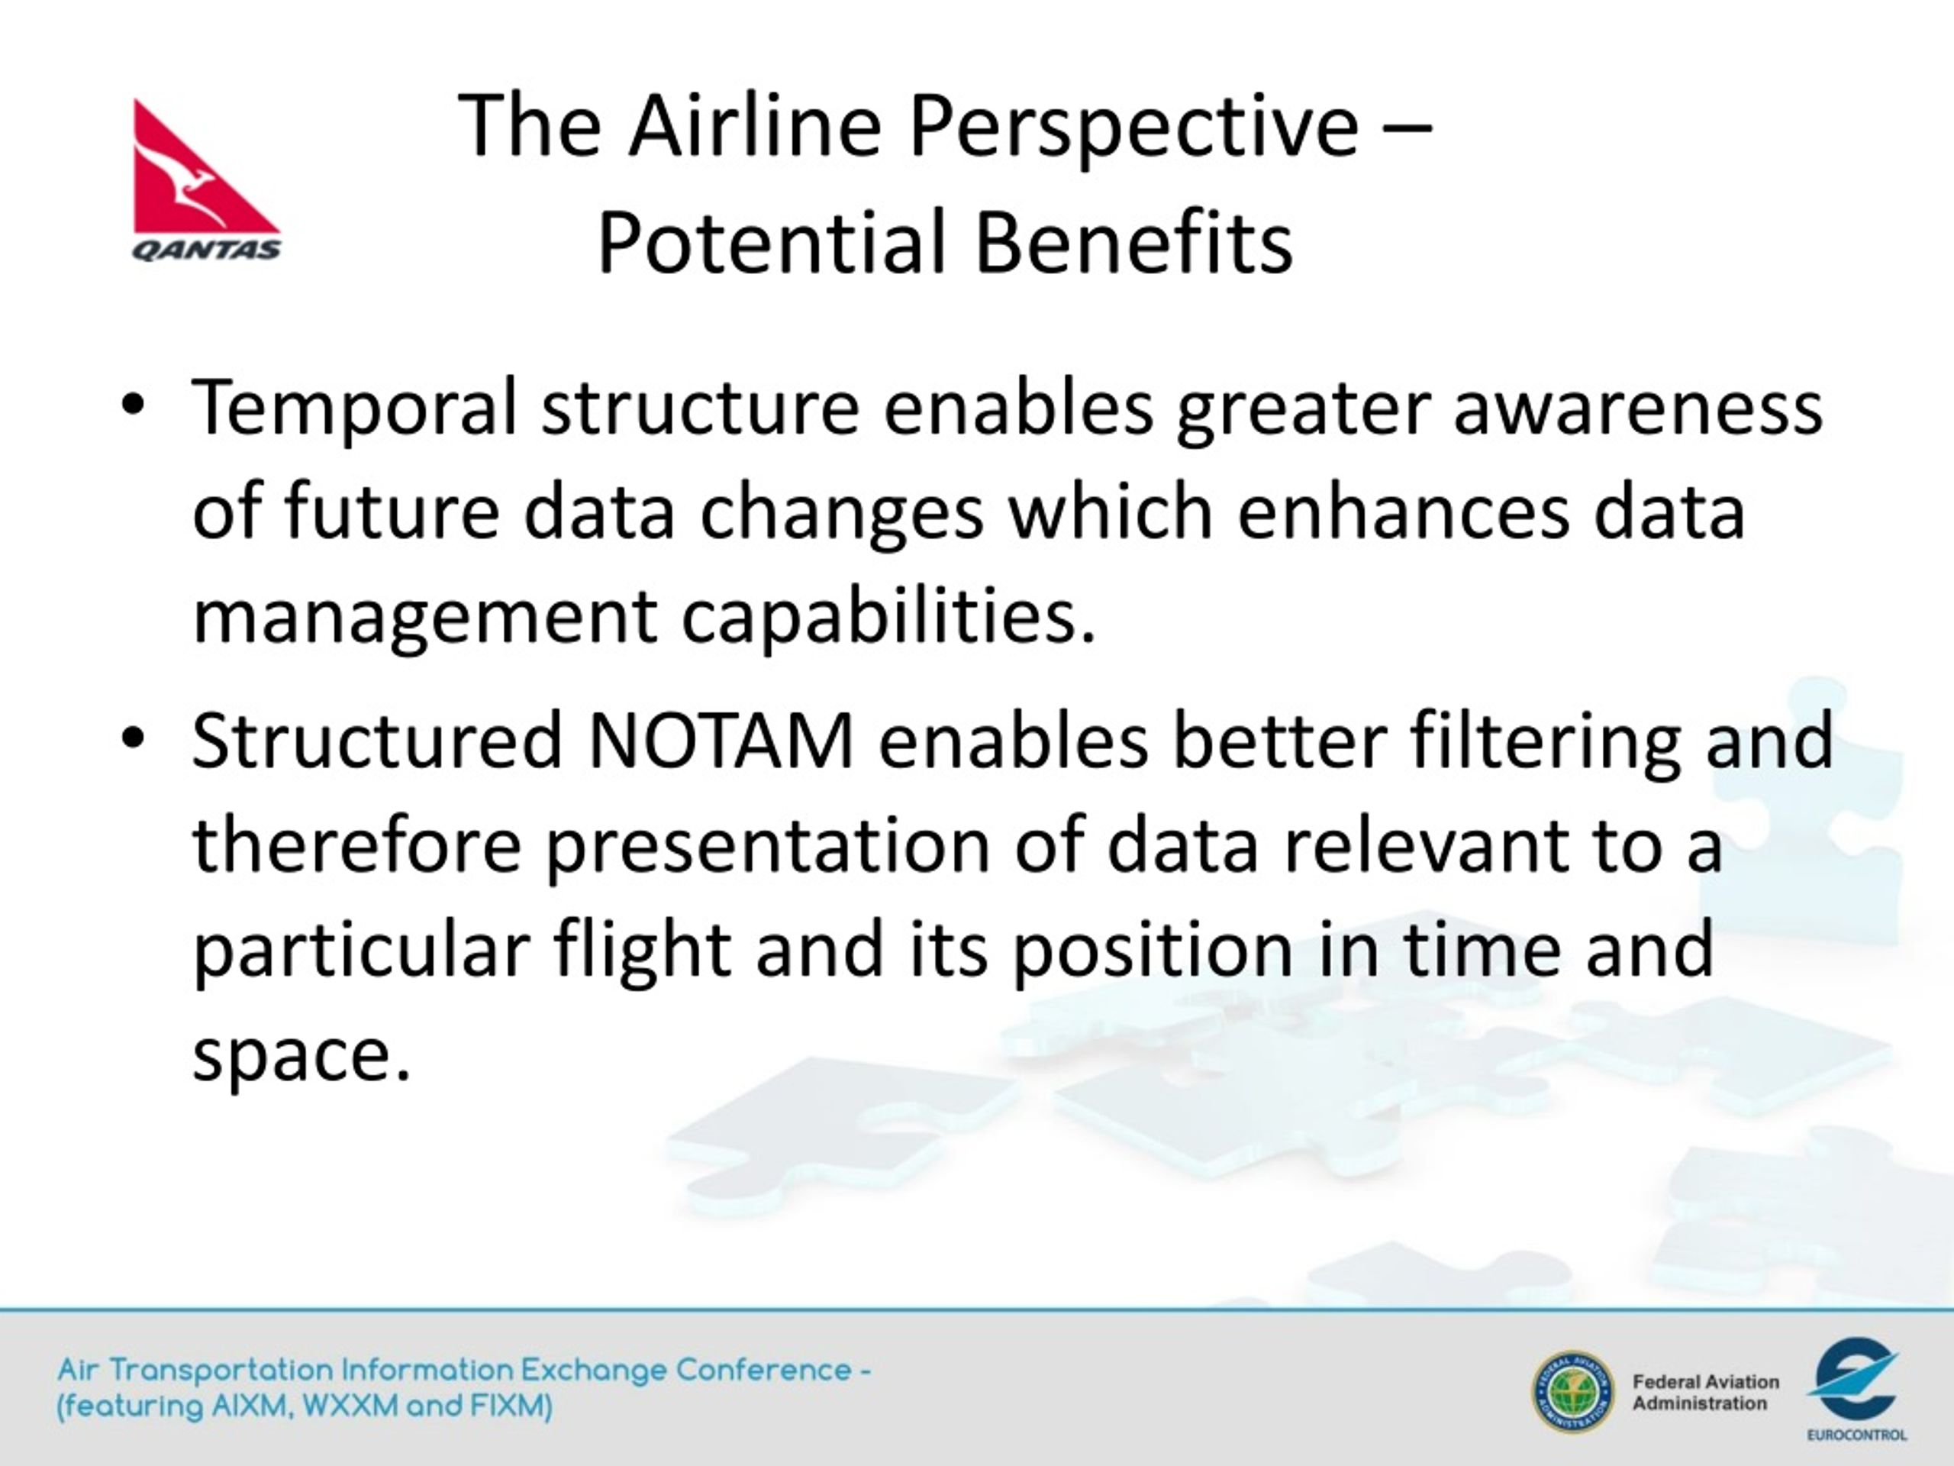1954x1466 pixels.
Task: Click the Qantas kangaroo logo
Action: pyautogui.click(x=207, y=179)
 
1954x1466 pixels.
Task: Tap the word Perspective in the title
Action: pyautogui.click(x=1133, y=126)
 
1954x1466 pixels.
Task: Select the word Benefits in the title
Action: pyautogui.click(x=1134, y=241)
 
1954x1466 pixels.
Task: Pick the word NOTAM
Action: pyautogui.click(x=720, y=741)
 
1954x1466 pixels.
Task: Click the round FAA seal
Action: pyautogui.click(x=1572, y=1393)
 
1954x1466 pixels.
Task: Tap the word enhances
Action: pyautogui.click(x=1403, y=512)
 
